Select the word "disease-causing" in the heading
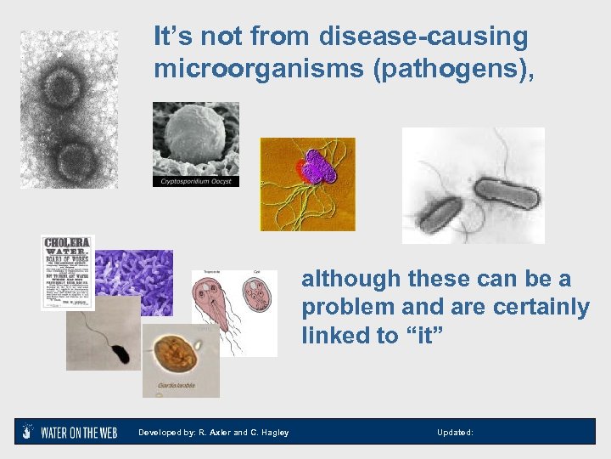coord(423,37)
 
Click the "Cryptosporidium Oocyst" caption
coord(196,181)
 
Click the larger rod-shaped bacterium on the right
coord(507,194)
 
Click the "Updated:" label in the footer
coord(455,433)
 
